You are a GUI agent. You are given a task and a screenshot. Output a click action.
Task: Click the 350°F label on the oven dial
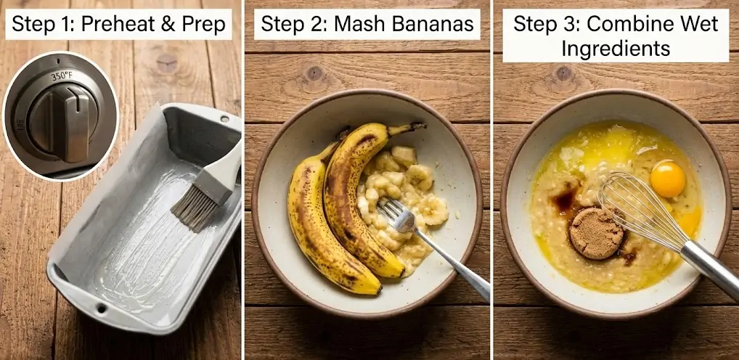(61, 76)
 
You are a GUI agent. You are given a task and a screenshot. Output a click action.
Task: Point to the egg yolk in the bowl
(667, 179)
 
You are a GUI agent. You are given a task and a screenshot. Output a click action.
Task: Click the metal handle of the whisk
(711, 269)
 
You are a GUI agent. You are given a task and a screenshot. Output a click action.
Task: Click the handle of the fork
(452, 263)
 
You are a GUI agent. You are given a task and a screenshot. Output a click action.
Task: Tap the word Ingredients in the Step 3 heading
(616, 48)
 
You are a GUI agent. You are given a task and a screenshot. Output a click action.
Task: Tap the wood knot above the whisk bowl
(563, 73)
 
